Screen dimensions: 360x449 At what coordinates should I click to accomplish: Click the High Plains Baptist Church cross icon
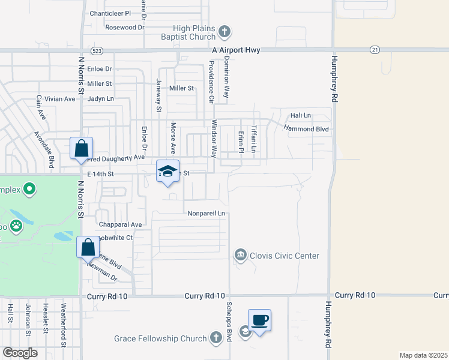[224, 31]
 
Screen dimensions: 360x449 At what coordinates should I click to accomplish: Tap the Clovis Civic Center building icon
[241, 256]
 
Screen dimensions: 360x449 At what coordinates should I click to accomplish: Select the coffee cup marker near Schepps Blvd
[259, 320]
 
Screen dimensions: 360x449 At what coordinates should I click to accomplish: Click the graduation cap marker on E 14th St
[167, 171]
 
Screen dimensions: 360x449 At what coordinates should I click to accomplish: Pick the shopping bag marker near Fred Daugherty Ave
[81, 148]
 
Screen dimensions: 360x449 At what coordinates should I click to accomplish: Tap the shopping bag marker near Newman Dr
[88, 247]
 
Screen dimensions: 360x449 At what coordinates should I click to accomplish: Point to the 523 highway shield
[98, 50]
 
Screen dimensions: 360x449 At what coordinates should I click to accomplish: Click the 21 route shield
[375, 50]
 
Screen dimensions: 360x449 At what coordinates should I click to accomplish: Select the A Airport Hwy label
[236, 50]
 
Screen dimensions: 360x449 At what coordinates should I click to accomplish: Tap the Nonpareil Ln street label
[206, 213]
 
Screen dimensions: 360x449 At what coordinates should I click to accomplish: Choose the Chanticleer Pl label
[110, 13]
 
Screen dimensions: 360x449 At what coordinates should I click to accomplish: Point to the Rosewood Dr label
[125, 27]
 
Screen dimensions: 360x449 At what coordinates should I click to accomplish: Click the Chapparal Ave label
[121, 224]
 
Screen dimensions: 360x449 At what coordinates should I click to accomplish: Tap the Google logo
[20, 353]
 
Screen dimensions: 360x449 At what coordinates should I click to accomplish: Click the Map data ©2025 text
[423, 355]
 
